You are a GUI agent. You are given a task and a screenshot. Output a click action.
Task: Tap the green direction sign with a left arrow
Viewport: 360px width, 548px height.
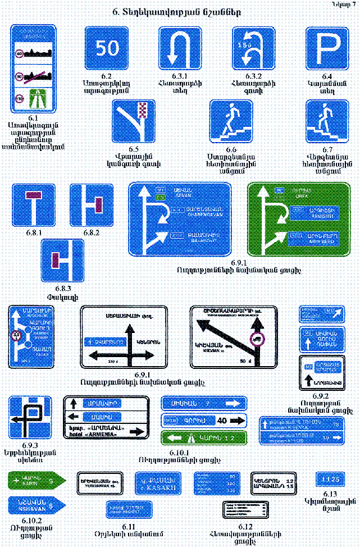click(x=204, y=437)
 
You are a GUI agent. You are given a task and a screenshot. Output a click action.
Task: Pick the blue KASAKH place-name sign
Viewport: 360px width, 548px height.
click(x=156, y=484)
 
